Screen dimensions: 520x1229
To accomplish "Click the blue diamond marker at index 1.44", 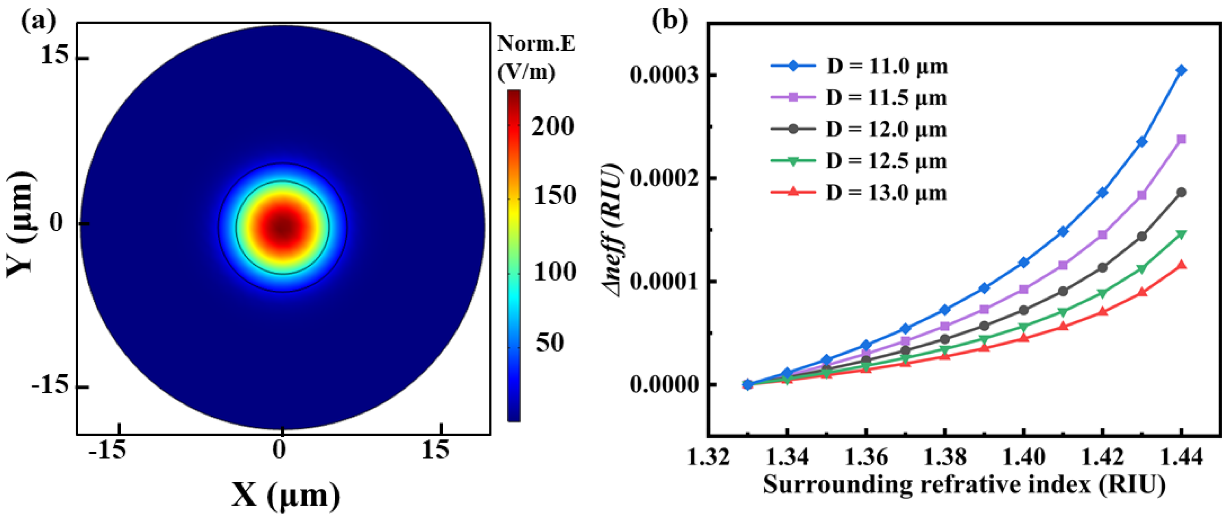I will (1181, 71).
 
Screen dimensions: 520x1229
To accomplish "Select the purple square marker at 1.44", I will (1181, 139).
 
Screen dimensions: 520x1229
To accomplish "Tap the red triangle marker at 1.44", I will (1181, 265).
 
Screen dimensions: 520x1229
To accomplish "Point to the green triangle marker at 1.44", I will (1181, 234).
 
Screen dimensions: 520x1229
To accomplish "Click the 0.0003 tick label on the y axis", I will (664, 75).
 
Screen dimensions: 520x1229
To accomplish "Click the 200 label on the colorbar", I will (552, 127).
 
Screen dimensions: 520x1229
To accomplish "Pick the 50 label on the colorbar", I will (550, 342).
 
